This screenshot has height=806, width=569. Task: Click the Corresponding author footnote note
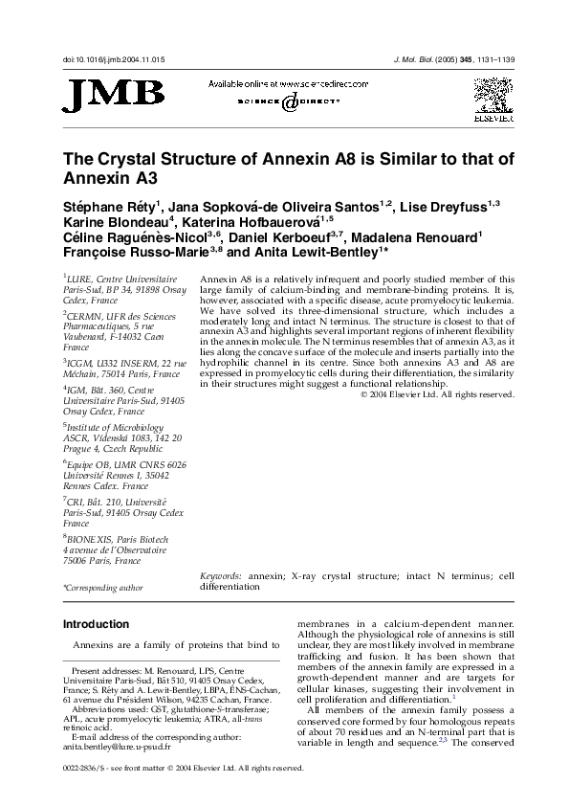coord(102,587)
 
